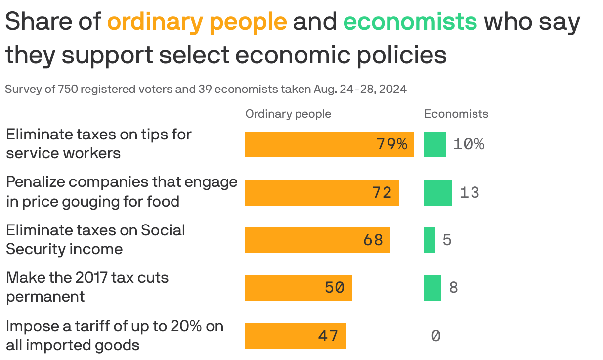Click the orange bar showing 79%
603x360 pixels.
pos(329,144)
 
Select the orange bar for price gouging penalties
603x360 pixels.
pos(322,192)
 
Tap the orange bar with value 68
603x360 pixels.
pos(317,240)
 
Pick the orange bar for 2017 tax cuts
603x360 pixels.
pos(298,288)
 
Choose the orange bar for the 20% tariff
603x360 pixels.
pos(295,336)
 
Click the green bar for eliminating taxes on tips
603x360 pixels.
pos(434,144)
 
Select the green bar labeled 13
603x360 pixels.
pos(437,192)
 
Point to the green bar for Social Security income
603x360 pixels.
pos(429,240)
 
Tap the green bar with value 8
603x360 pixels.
pos(432,288)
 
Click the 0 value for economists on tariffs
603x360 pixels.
pos(435,336)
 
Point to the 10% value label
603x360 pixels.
pos(469,144)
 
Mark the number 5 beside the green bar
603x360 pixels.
pos(447,240)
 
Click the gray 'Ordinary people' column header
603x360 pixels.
pos(288,114)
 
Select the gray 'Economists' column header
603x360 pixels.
pos(456,114)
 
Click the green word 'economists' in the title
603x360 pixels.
pos(410,22)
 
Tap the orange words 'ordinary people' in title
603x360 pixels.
pos(197,22)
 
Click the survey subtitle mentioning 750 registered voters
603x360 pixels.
pos(206,89)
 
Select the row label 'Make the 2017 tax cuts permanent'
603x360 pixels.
pos(87,287)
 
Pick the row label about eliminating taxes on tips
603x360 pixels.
pos(98,143)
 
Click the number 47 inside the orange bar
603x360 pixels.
pos(328,336)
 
